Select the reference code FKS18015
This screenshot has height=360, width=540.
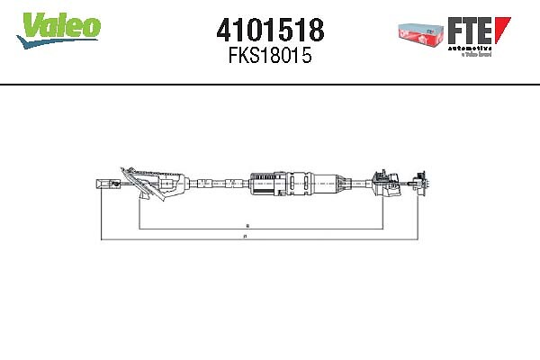click(x=270, y=57)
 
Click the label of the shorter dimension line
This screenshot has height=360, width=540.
click(x=247, y=224)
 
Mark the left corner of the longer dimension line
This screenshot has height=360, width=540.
click(x=101, y=240)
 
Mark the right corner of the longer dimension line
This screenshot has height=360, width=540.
click(x=420, y=240)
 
